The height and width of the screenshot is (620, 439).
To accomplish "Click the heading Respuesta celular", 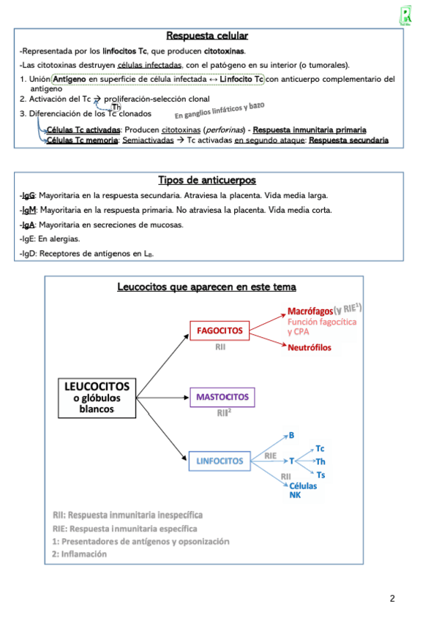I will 207,36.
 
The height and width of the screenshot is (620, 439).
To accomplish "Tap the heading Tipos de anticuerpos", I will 207,181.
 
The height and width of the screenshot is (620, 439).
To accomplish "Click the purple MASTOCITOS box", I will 222,398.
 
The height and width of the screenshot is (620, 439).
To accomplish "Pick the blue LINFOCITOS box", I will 219,461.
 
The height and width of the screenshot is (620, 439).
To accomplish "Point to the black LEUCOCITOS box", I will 97,397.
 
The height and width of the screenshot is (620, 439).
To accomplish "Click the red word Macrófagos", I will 309,311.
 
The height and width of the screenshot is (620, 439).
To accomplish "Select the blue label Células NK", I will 303,490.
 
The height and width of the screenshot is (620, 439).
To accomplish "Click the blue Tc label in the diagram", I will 320,448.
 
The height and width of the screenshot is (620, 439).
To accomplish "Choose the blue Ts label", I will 320,475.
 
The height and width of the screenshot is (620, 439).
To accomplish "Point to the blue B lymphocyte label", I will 291,436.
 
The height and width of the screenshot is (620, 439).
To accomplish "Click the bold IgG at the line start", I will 29,196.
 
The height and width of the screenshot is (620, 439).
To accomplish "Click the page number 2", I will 392,599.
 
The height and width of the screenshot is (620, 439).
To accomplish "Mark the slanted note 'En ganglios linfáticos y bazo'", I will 219,110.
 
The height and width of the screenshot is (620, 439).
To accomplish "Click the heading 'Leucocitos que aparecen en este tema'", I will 207,287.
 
